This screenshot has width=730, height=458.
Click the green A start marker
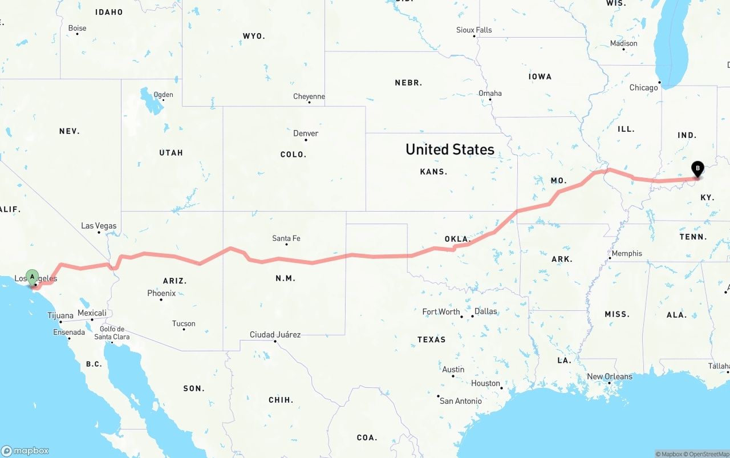click(33, 277)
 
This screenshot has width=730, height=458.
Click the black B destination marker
click(697, 169)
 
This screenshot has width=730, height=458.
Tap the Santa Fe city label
click(286, 238)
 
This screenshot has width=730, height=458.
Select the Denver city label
click(306, 133)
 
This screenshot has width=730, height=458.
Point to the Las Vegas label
click(99, 226)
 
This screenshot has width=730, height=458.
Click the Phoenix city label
click(161, 293)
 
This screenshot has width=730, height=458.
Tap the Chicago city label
click(643, 88)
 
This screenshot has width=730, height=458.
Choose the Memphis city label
click(627, 253)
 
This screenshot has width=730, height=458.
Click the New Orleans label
click(610, 376)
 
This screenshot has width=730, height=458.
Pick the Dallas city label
click(485, 311)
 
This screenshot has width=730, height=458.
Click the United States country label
click(450, 149)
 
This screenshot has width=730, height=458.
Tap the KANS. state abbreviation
click(433, 172)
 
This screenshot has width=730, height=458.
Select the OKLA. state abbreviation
click(457, 239)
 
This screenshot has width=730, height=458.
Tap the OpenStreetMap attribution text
click(708, 454)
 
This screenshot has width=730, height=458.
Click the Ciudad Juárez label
click(275, 335)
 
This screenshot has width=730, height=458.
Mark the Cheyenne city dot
click(309, 102)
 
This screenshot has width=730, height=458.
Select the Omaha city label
click(490, 94)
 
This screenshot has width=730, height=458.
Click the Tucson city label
click(184, 323)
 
